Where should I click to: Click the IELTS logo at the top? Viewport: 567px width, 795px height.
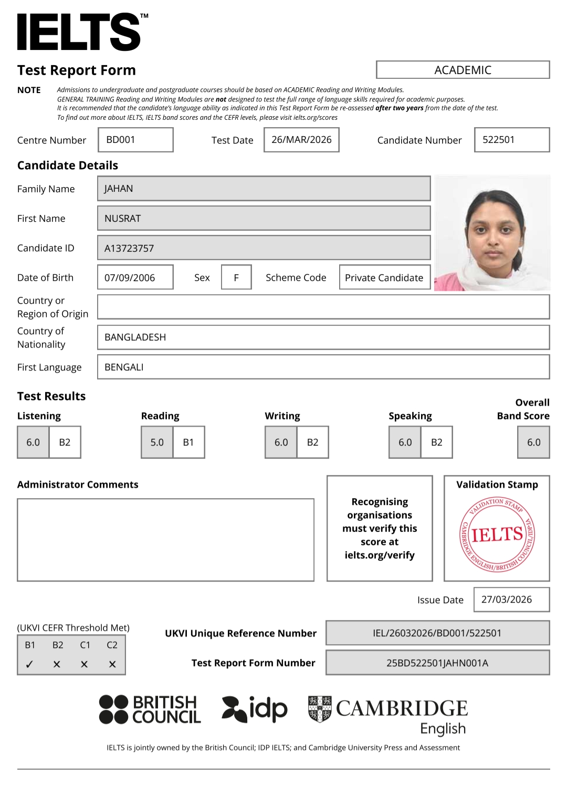[x=79, y=32]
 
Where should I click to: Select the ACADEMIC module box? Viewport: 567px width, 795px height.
[x=463, y=70]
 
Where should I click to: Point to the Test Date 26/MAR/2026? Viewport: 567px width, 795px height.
[x=301, y=140]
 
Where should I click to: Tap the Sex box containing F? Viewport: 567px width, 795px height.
[x=236, y=277]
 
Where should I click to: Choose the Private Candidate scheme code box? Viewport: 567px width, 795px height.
[x=384, y=277]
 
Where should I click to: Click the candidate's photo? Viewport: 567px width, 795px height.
[x=492, y=233]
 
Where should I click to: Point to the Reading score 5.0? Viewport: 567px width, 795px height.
[x=157, y=442]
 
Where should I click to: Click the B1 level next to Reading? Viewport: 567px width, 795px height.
[x=188, y=442]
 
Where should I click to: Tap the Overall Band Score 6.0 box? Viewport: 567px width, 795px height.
[x=533, y=442]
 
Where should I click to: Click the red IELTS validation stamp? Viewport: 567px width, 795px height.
[x=497, y=534]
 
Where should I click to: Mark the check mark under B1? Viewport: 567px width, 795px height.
[x=30, y=664]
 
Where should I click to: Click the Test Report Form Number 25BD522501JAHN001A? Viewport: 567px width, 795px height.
[x=437, y=663]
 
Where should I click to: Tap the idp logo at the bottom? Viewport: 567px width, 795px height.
[x=255, y=709]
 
